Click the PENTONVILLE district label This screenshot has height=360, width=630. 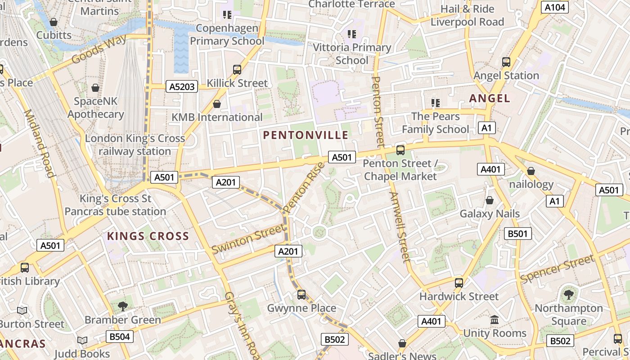[x=306, y=135]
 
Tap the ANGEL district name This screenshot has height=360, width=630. [x=490, y=98]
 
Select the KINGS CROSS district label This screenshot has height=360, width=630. [x=148, y=236]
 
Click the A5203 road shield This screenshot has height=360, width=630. [x=182, y=86]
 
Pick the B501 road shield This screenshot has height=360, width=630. [x=518, y=234]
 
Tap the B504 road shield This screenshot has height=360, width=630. [x=120, y=337]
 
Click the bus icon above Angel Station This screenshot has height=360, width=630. [x=506, y=62]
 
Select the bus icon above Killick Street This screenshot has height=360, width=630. [x=237, y=70]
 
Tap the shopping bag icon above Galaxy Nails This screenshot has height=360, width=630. [x=490, y=200]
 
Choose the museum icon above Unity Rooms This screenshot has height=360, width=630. [x=495, y=320]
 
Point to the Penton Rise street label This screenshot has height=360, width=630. [x=305, y=187]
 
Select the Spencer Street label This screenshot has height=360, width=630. [x=557, y=269]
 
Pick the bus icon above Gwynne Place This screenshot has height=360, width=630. [x=301, y=295]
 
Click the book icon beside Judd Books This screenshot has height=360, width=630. [x=82, y=341]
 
